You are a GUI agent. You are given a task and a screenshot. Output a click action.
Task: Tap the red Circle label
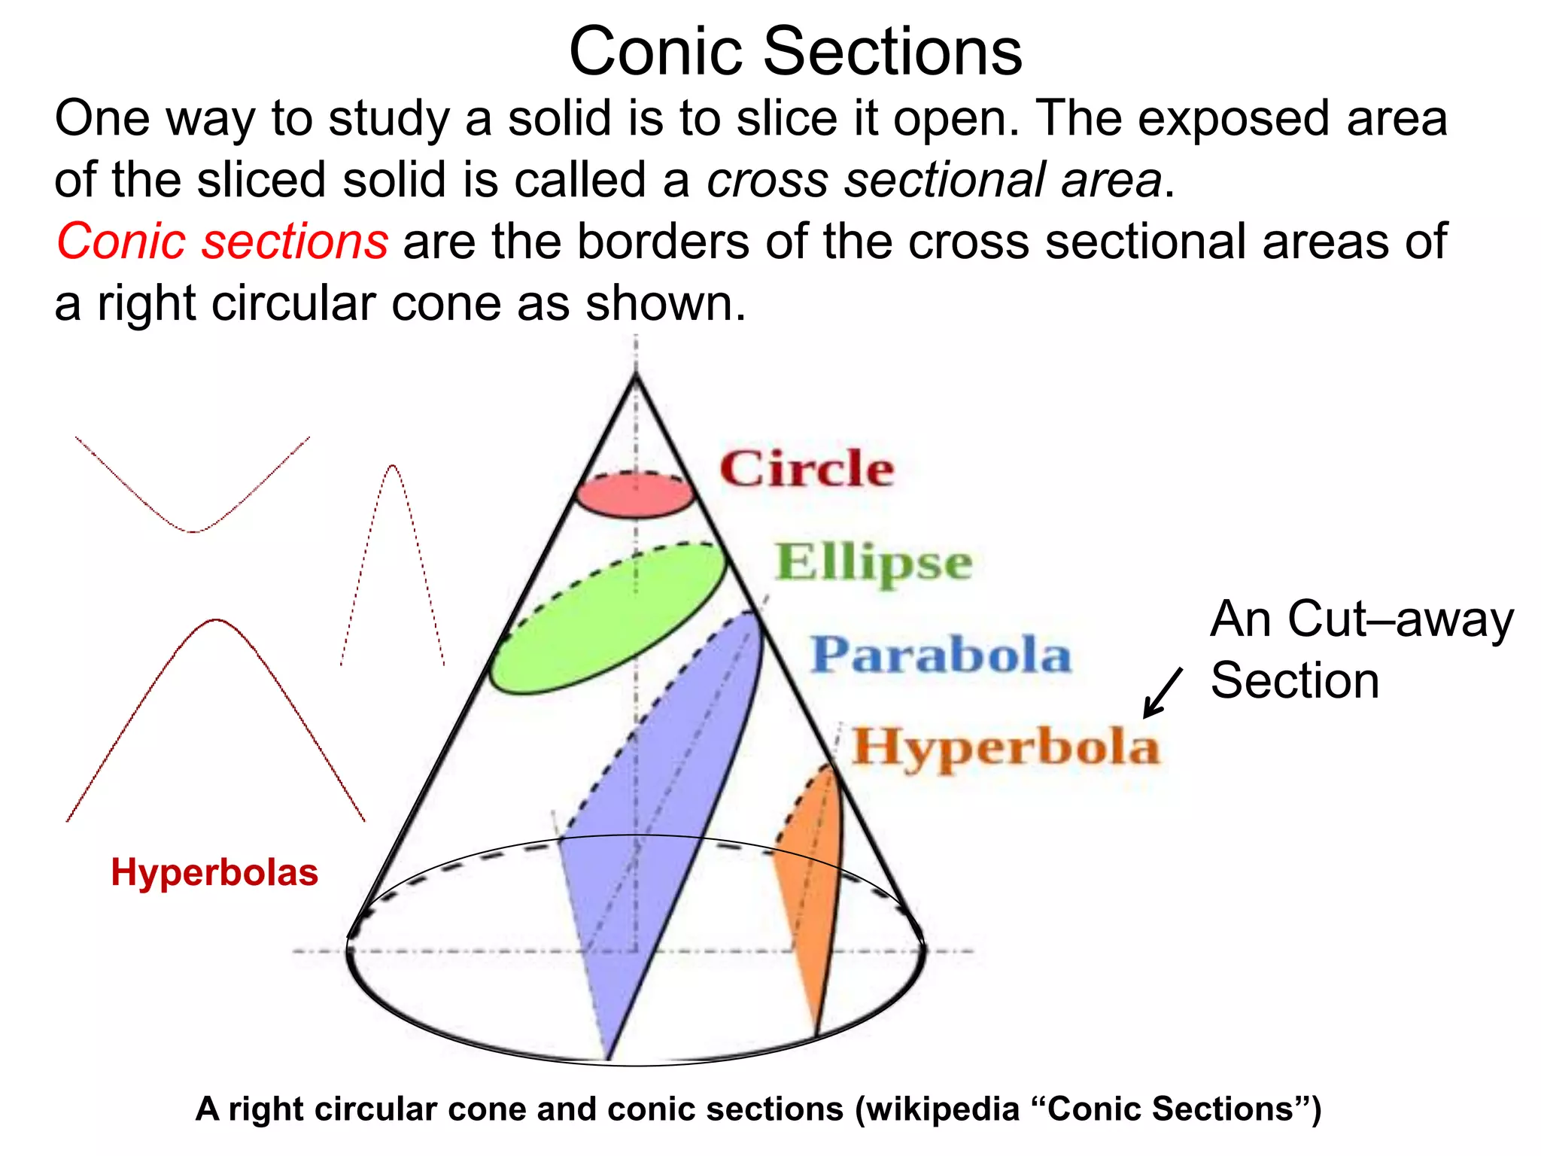807,469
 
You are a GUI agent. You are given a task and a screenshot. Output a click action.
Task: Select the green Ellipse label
873,563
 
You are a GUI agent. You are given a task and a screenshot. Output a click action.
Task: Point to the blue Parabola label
941,654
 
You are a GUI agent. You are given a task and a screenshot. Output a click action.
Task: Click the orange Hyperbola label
1005,747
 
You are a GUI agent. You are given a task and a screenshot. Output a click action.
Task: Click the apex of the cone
637,375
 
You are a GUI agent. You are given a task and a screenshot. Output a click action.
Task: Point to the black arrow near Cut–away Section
1162,693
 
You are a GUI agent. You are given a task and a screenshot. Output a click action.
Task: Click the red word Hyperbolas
214,873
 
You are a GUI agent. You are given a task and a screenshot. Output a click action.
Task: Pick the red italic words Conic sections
222,242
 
